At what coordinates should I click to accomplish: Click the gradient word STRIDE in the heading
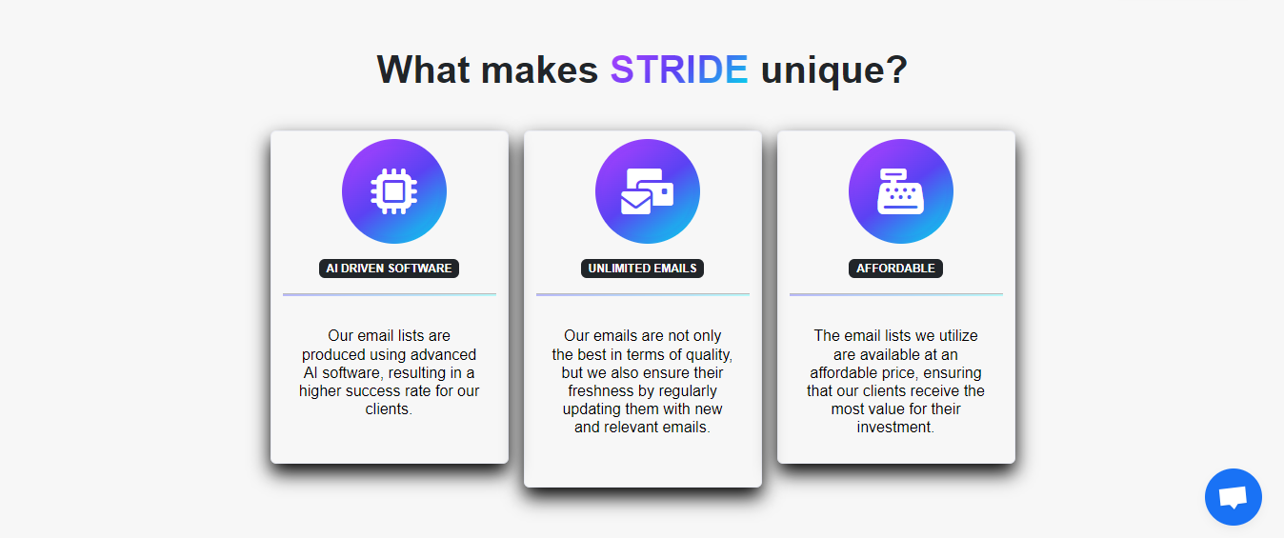679,70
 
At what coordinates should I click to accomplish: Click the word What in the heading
423,70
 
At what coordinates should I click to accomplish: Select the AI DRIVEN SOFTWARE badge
389,269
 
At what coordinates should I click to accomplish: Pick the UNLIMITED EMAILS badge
642,269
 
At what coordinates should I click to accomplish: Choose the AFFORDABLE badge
895,269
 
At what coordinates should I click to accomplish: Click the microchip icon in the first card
393,191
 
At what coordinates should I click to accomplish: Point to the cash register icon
900,191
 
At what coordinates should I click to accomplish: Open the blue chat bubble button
1233,497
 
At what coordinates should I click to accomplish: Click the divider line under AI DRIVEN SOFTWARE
390,294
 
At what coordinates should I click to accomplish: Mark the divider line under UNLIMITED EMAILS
643,294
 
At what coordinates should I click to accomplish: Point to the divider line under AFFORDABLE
896,294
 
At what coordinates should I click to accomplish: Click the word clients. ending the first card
389,409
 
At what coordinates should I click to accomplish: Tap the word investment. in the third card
895,428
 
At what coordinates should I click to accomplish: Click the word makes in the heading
539,70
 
